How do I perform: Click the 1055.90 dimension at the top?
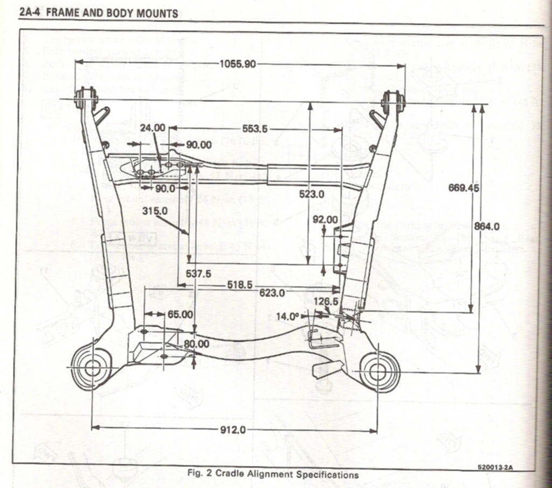click(238, 64)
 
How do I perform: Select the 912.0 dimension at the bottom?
click(233, 430)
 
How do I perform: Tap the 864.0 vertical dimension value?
click(487, 226)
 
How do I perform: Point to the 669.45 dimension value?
click(464, 188)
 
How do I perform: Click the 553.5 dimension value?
click(255, 129)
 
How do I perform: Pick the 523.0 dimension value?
click(312, 195)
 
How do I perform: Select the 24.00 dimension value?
click(153, 128)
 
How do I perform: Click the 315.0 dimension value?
click(155, 210)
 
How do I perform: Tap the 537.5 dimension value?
click(198, 273)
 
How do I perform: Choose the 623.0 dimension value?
click(272, 293)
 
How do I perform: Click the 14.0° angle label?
click(287, 317)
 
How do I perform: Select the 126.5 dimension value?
click(326, 301)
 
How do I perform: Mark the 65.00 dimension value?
click(180, 314)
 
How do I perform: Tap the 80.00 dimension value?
click(196, 343)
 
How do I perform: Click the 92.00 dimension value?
click(325, 219)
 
